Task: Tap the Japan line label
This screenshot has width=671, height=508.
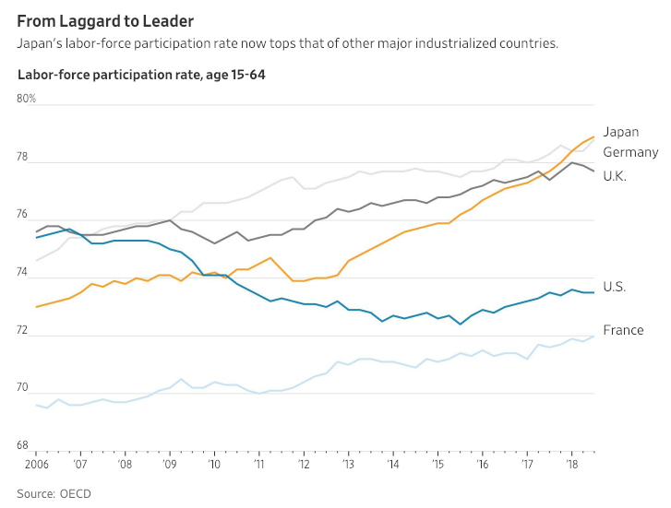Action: (x=621, y=132)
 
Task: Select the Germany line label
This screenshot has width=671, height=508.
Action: (x=630, y=152)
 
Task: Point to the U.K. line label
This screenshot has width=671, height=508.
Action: (x=615, y=175)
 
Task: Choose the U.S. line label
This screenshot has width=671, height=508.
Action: (x=614, y=287)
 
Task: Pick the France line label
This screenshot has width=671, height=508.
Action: (x=623, y=330)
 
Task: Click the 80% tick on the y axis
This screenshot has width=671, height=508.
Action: (x=27, y=98)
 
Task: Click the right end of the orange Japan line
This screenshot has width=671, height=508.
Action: (x=593, y=137)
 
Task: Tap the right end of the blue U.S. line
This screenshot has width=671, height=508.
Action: (x=593, y=292)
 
